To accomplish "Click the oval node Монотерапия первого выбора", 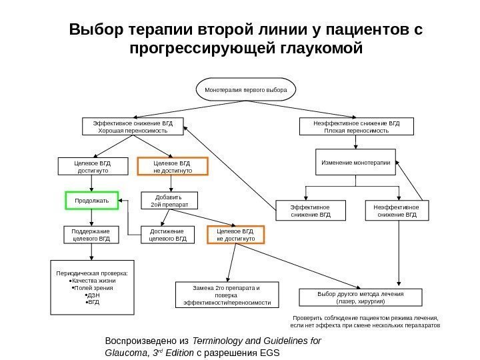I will click(x=245, y=89).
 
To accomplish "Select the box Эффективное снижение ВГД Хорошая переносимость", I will click(x=133, y=127).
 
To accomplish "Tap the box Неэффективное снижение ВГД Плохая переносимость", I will click(x=356, y=127).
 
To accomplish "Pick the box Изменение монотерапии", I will click(x=356, y=161).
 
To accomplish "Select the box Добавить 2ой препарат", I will click(x=172, y=201).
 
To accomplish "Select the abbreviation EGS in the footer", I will click(x=271, y=353).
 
